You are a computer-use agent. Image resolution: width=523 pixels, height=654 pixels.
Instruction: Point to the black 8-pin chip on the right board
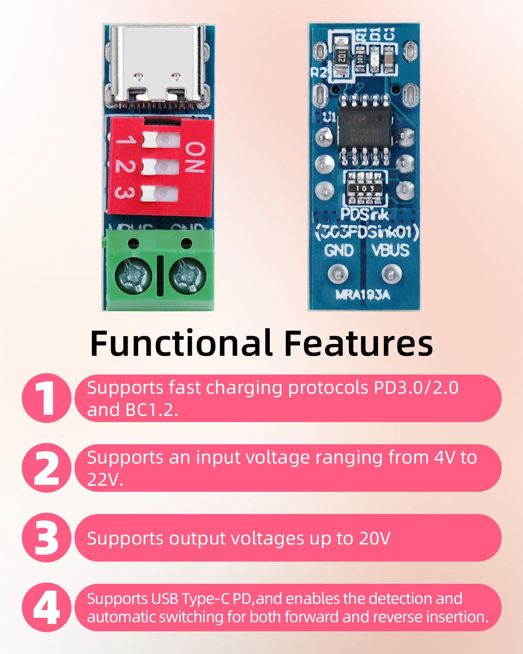tap(365, 126)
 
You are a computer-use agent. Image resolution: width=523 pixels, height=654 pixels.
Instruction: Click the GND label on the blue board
tap(339, 250)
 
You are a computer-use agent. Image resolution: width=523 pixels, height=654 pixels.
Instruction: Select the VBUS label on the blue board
tap(390, 250)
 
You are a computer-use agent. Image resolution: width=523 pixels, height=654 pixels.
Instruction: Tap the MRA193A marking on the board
tap(363, 295)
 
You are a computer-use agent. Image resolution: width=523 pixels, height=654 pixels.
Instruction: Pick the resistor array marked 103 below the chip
tap(365, 188)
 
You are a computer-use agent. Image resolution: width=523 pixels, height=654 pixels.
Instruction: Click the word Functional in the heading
tap(181, 343)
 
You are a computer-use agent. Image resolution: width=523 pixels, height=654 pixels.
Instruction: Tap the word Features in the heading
tap(358, 343)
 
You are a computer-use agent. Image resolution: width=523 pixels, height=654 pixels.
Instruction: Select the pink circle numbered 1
tap(46, 398)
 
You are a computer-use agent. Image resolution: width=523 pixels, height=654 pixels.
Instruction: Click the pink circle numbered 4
tap(46, 607)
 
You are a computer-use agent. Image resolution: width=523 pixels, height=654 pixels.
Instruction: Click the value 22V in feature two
tap(105, 480)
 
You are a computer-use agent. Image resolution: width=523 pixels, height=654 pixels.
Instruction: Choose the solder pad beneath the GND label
tap(338, 274)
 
